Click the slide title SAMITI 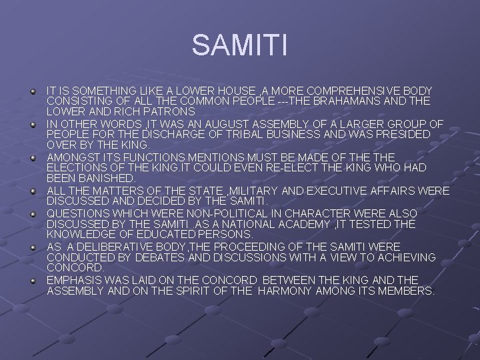click(240, 45)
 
